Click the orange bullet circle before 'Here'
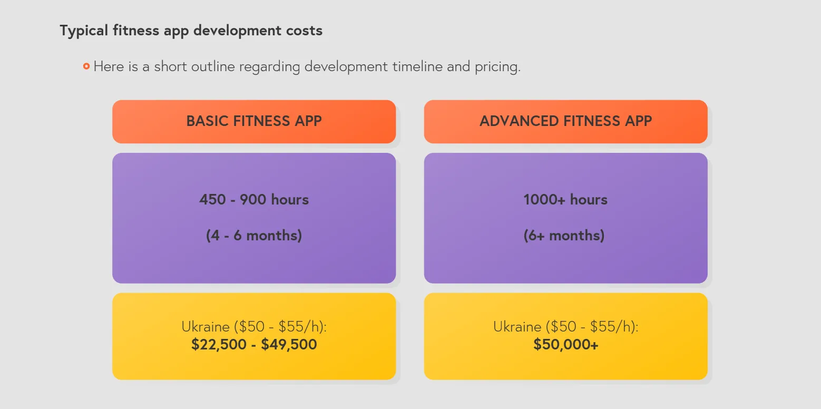[x=86, y=66]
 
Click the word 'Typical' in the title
[x=84, y=31]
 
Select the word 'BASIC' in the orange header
[x=207, y=121]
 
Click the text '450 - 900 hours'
[x=254, y=199]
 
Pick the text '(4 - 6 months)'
[x=254, y=235]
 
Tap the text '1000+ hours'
[x=565, y=199]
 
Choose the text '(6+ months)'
[x=564, y=235]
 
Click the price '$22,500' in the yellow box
[x=219, y=345]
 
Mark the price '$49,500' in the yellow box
[x=289, y=345]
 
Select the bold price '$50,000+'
[x=566, y=345]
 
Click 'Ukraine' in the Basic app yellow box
[x=206, y=327]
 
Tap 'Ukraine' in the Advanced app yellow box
[x=517, y=327]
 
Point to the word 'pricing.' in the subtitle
[x=497, y=67]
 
